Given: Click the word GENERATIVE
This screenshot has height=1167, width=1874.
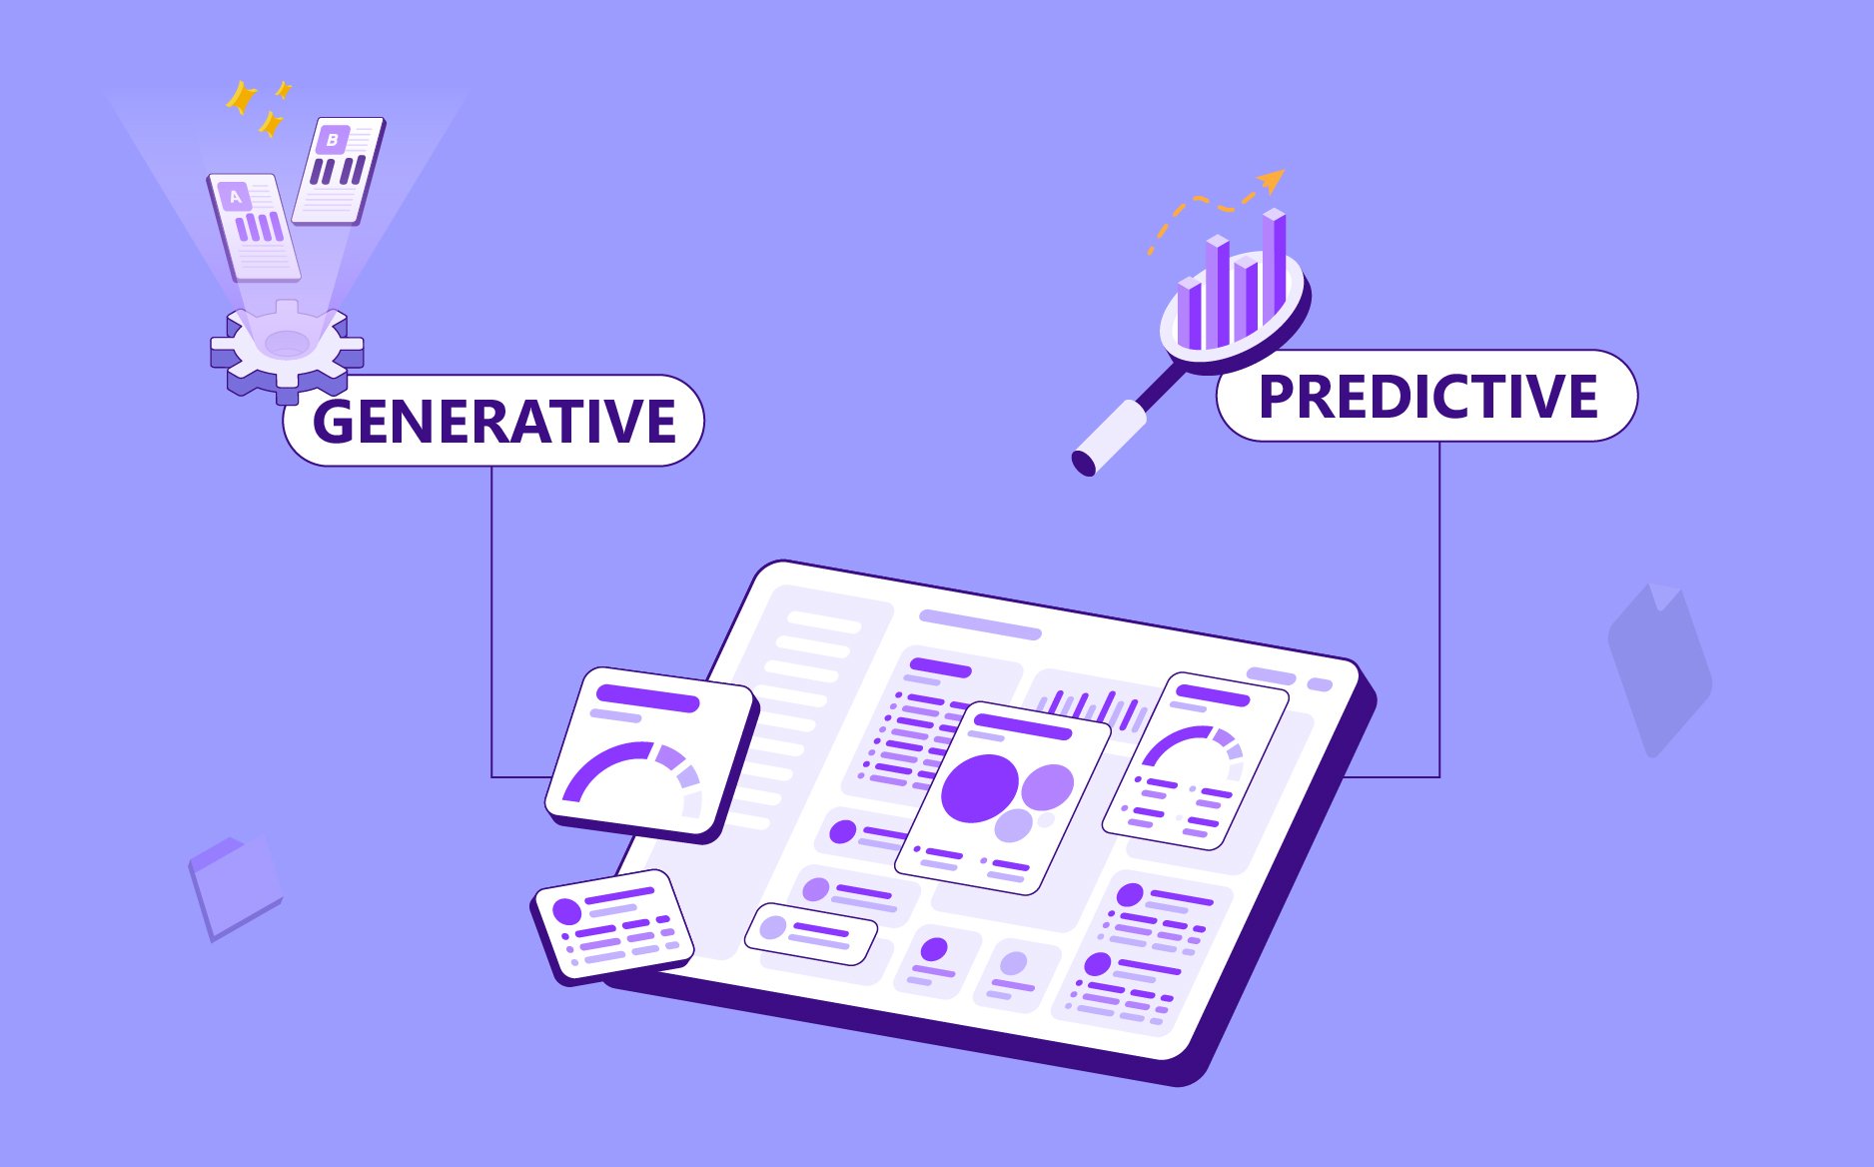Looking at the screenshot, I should [494, 421].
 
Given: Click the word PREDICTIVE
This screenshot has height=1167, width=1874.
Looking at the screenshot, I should [1427, 396].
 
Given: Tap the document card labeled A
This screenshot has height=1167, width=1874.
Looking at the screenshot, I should [254, 228].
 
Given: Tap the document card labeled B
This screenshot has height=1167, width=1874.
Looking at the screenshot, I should [338, 171].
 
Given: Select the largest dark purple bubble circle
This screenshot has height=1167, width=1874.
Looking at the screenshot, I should [980, 788].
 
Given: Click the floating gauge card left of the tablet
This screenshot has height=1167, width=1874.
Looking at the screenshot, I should [650, 754].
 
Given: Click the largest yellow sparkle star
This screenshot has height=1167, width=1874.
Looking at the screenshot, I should [242, 98].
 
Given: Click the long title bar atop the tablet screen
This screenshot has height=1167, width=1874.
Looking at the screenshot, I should [980, 624].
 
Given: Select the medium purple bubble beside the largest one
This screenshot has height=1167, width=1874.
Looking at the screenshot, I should [1047, 786].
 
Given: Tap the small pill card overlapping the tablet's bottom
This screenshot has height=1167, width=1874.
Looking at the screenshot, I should [810, 933].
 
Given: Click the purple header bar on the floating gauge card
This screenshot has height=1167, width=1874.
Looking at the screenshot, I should [648, 697].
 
